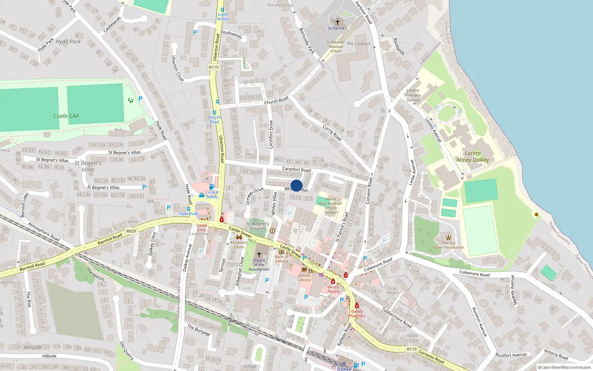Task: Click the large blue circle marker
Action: pos(296,185)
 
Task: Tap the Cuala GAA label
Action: pos(66,116)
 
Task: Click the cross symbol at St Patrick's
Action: pos(337,22)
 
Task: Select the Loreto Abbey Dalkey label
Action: pos(473,157)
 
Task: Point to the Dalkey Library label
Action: pos(304,278)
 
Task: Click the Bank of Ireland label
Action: pos(282,259)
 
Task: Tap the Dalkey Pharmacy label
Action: pos(357,313)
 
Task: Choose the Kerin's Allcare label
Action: pos(333,289)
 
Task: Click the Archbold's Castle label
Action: pos(239,245)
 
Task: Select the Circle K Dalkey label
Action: pos(212,194)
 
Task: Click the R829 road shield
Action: pos(131,231)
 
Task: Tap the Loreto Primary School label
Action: pos(413,95)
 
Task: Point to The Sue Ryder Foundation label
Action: pos(448,245)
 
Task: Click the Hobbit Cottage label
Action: pos(412,338)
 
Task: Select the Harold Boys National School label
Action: pos(330,206)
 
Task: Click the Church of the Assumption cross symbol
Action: pos(259,254)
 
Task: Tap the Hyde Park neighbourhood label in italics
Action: pos(68,42)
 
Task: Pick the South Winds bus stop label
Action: pos(222,17)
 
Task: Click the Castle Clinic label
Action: pos(202,227)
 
